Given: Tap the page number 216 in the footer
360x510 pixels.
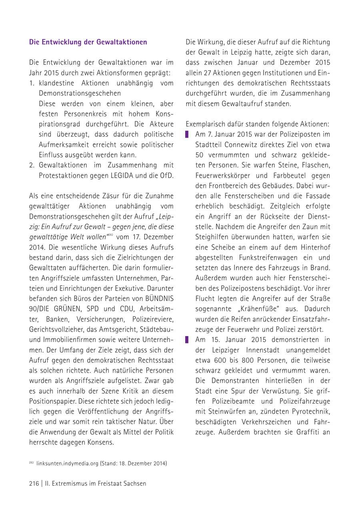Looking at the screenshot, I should coord(34,483).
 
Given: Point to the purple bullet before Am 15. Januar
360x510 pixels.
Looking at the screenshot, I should coord(187,340).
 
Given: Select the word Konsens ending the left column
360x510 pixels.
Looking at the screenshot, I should coord(101,442).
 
